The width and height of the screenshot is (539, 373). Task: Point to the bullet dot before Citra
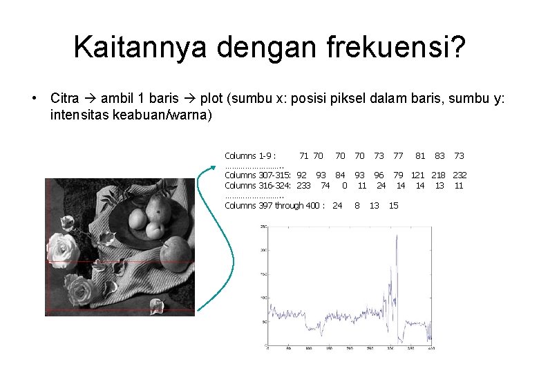point(34,97)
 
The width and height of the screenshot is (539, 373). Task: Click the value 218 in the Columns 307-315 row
point(440,175)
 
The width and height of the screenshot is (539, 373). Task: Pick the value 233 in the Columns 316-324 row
point(303,185)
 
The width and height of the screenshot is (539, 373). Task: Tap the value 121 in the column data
point(418,175)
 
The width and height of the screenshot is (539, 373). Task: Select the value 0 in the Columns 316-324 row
point(344,185)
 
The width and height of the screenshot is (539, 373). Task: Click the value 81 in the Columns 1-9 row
point(420,156)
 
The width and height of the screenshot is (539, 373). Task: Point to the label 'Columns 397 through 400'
point(274,205)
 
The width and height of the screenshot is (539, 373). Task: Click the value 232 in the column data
point(460,175)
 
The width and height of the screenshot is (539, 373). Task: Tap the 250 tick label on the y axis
point(263,226)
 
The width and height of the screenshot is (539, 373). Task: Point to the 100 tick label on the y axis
point(263,298)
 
